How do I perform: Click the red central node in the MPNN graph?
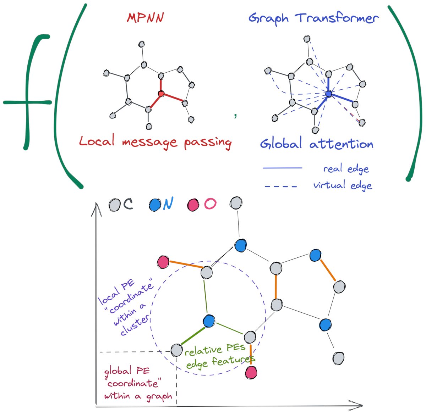(x=161, y=94)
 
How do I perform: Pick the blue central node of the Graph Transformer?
(x=328, y=94)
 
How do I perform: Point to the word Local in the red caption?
(x=97, y=141)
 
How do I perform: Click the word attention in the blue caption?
(x=341, y=144)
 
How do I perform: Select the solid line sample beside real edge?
(x=282, y=168)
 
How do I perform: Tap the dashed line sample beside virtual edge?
(x=281, y=186)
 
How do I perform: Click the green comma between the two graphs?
(x=235, y=115)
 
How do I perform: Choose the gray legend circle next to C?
(x=114, y=205)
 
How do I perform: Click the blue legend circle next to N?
(x=155, y=205)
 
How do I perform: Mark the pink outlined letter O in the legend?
(x=210, y=204)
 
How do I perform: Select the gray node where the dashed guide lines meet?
(x=176, y=350)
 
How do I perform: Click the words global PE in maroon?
(x=127, y=371)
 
